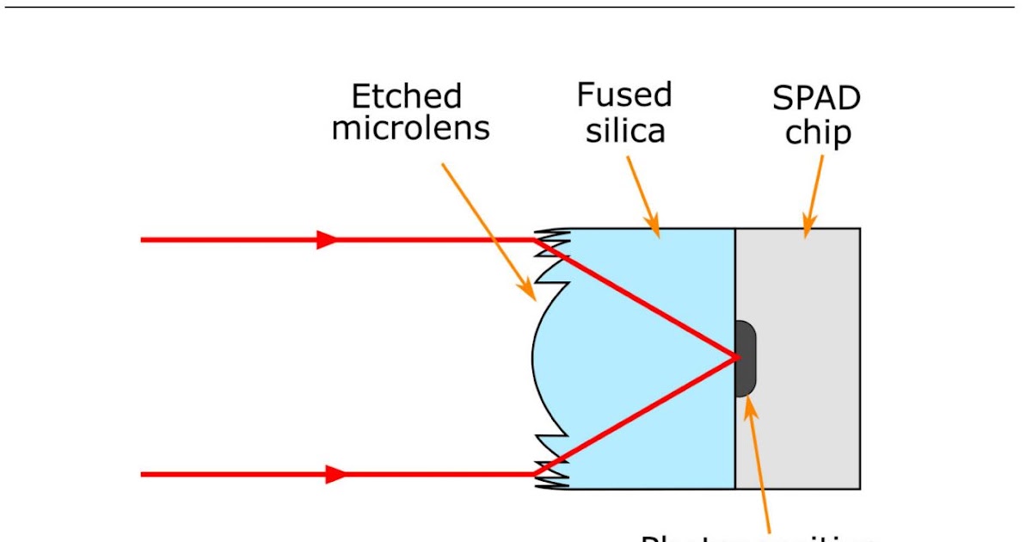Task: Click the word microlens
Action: [x=410, y=128]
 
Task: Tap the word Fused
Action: [x=624, y=95]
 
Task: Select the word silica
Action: [x=626, y=132]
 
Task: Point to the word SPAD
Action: [x=816, y=99]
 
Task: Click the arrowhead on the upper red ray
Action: [x=328, y=240]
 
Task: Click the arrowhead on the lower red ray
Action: [x=336, y=474]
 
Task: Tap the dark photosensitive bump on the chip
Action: [x=746, y=358]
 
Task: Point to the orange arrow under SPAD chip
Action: [x=813, y=194]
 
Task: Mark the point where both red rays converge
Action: [x=736, y=356]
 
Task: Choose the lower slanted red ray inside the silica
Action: [x=636, y=414]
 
